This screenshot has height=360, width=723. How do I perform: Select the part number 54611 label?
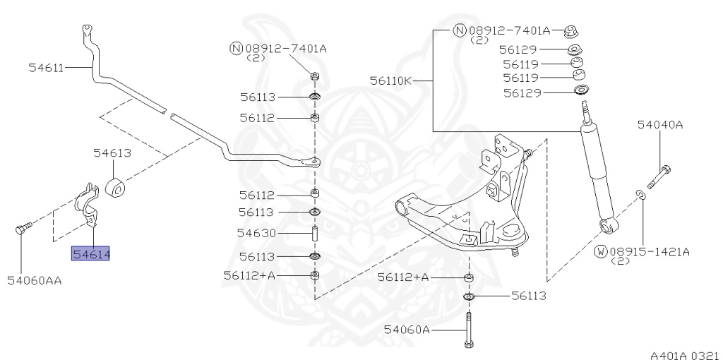(x=46, y=68)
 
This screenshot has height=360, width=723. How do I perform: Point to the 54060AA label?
(x=35, y=280)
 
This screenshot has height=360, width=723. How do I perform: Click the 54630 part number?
(x=256, y=233)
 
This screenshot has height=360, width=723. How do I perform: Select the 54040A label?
(x=660, y=125)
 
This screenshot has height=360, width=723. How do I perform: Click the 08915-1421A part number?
(x=650, y=251)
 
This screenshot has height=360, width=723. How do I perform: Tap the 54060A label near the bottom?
(x=407, y=329)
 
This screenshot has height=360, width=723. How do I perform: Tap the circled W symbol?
(x=601, y=251)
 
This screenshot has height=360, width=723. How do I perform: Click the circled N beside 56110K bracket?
(x=459, y=30)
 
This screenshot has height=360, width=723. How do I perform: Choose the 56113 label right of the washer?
(x=529, y=296)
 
